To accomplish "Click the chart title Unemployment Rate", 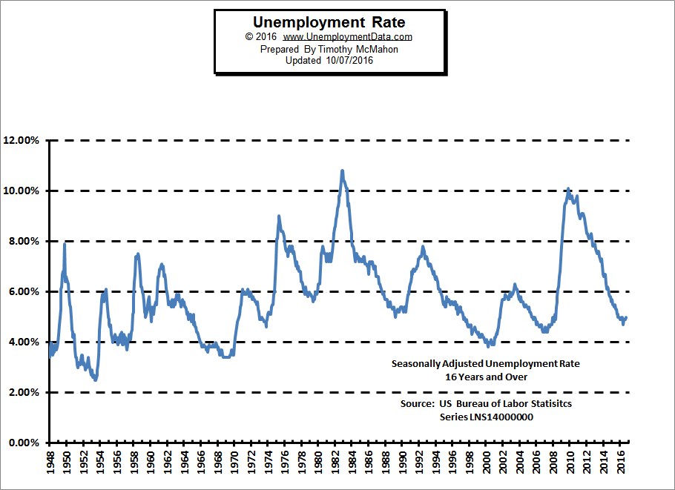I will click(x=329, y=23).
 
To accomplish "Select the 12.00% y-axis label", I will click(x=22, y=141).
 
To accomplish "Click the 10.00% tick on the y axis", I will click(x=22, y=191).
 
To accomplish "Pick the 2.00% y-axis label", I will click(x=24, y=393).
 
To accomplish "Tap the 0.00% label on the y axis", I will click(x=24, y=443).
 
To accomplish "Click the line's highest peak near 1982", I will click(x=342, y=171).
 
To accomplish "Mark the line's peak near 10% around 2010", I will click(x=568, y=189).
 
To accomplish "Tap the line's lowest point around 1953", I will click(x=96, y=380).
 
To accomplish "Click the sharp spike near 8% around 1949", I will click(x=65, y=244).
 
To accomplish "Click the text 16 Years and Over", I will click(x=486, y=377).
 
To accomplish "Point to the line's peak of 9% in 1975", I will click(x=278, y=216).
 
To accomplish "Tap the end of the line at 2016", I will click(x=627, y=317).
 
